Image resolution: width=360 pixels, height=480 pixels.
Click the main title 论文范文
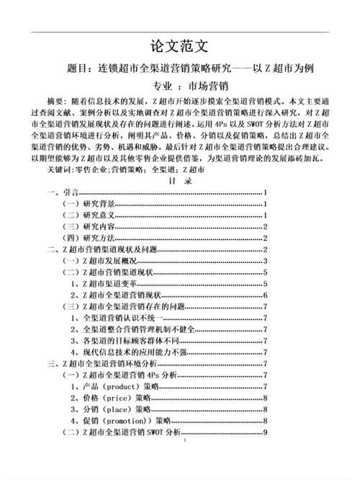click(x=179, y=47)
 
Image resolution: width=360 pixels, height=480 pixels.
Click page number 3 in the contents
click(x=266, y=261)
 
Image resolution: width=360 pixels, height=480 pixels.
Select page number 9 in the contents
click(x=266, y=432)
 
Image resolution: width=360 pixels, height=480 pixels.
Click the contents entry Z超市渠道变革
click(x=104, y=284)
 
